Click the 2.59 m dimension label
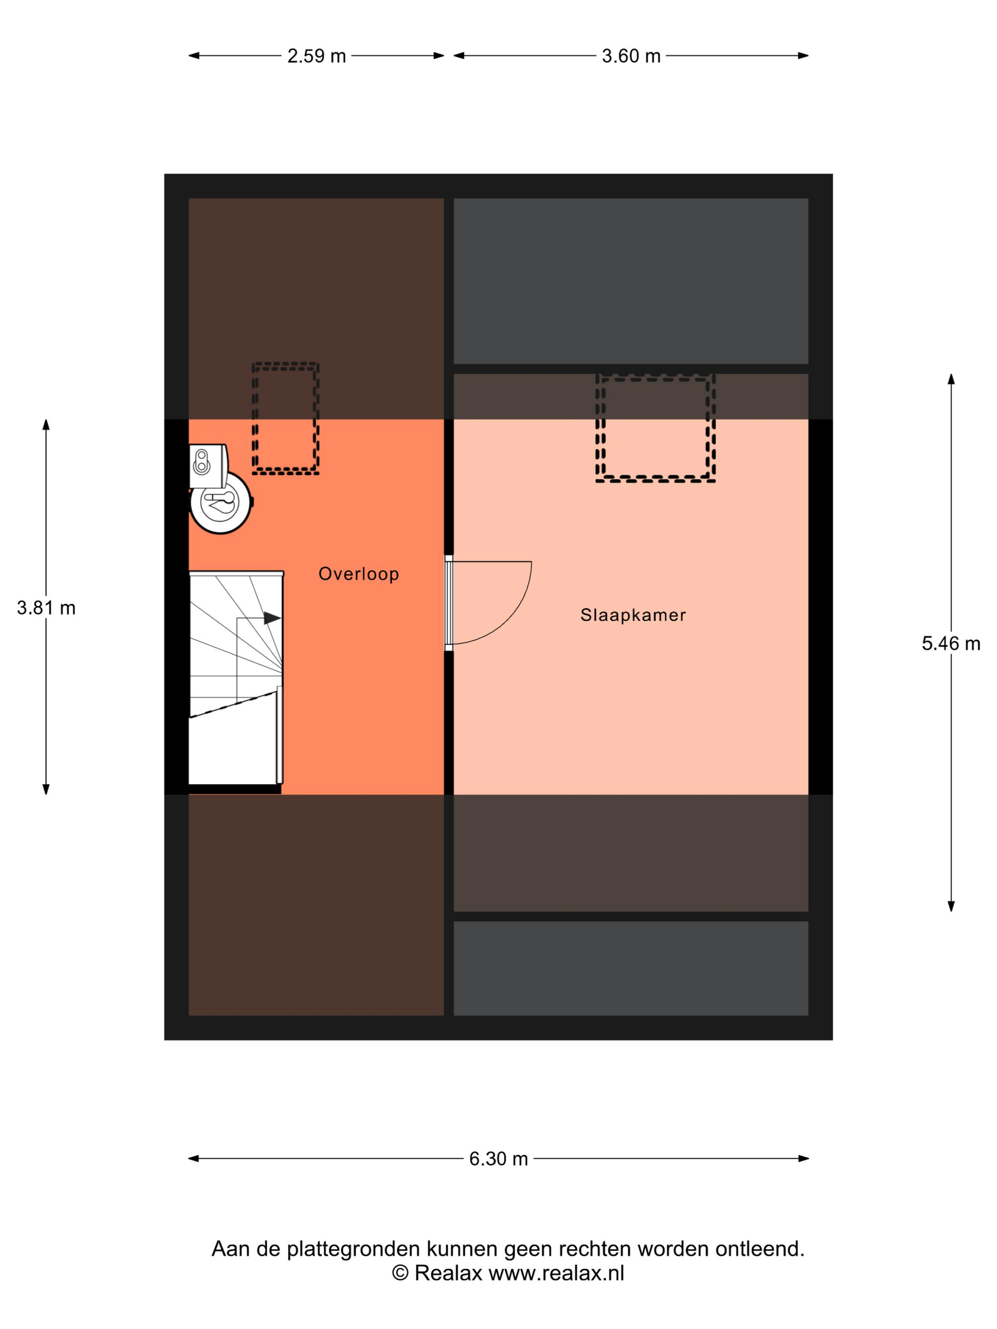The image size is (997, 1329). click(x=316, y=56)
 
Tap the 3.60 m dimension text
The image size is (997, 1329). click(x=631, y=56)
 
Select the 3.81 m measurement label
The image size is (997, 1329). click(x=46, y=608)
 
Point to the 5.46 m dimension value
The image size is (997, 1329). click(x=951, y=644)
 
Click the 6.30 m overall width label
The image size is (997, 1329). click(x=498, y=1159)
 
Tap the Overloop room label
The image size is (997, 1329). click(x=359, y=574)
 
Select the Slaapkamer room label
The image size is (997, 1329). click(x=633, y=615)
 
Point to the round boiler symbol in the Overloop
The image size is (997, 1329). click(x=221, y=502)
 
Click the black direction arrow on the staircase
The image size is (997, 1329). click(x=272, y=618)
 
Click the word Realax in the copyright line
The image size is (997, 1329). click(x=448, y=1273)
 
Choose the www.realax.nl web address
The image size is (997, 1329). click(x=556, y=1273)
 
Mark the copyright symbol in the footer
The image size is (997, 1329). click(x=400, y=1273)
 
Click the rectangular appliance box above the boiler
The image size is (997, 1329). click(x=208, y=466)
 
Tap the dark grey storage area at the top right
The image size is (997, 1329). click(x=630, y=281)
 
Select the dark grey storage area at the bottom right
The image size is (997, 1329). click(x=630, y=969)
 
